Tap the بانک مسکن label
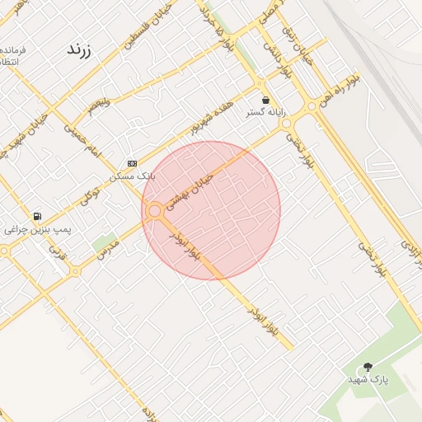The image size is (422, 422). click(x=133, y=176)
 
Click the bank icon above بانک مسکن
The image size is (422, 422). click(x=133, y=164)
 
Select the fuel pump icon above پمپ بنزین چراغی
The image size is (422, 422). click(x=37, y=217)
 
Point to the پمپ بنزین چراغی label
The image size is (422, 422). click(x=38, y=229)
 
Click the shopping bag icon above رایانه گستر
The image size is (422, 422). click(x=265, y=100)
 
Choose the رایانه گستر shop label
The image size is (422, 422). click(x=265, y=112)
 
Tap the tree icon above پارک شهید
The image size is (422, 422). click(x=368, y=367)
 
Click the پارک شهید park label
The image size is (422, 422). click(x=368, y=379)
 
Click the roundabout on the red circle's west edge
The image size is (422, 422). click(x=154, y=212)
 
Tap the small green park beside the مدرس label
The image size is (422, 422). click(x=103, y=241)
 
